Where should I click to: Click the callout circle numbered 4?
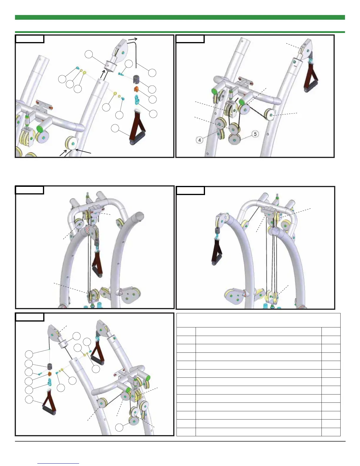coord(200,140)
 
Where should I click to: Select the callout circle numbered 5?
coord(255,134)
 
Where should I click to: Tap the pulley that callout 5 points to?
coord(234,139)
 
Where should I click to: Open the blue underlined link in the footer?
coord(59,463)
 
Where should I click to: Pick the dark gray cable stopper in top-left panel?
coord(136,79)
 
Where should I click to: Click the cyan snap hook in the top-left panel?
coord(137,100)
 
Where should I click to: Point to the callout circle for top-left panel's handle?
coord(116,129)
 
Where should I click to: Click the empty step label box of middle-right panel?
coord(190,190)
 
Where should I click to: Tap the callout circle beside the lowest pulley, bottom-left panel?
coord(119,427)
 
